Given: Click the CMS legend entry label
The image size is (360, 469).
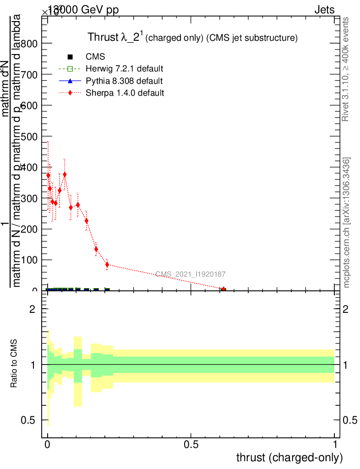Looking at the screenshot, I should [95, 57].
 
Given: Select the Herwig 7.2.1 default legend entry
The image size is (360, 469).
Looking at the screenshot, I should [124, 69].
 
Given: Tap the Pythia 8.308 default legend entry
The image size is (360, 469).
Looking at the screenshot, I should [124, 81].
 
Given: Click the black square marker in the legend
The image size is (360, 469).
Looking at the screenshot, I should [70, 57].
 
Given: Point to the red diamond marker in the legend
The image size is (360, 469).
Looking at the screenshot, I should [70, 93].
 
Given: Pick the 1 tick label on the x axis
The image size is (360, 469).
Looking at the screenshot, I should [334, 444].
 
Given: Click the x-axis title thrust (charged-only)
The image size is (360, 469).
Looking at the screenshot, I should [289, 458].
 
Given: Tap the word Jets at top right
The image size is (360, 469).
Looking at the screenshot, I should [324, 10].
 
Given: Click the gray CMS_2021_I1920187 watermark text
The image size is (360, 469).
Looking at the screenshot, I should [190, 274].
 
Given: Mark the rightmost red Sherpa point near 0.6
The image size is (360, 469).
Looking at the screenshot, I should [224, 289].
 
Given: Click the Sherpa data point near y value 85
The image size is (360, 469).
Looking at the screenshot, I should [107, 265].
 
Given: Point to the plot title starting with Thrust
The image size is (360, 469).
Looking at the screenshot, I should [193, 38].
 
